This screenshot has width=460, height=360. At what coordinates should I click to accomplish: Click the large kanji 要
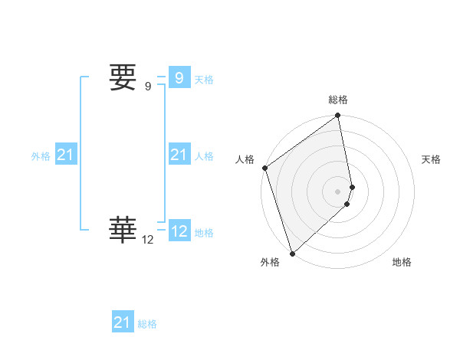123,77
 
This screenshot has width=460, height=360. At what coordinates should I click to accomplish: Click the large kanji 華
123,228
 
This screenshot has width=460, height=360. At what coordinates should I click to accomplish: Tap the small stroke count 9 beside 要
148,87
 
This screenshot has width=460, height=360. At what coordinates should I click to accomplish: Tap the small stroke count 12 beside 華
148,240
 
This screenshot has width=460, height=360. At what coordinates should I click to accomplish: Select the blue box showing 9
179,78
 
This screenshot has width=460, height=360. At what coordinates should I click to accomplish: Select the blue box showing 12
179,231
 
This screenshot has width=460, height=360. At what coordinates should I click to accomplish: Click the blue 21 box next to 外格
65,155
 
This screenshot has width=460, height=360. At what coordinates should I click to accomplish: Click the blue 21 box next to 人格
179,155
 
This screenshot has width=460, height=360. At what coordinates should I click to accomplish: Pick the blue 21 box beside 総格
122,322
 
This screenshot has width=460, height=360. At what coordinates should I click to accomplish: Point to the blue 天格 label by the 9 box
204,80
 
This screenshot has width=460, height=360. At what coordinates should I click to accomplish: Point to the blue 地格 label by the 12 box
204,233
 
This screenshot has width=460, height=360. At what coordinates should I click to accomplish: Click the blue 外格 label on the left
41,156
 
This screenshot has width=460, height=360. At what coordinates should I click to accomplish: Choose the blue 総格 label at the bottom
147,324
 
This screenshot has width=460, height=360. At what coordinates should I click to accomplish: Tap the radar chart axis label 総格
338,100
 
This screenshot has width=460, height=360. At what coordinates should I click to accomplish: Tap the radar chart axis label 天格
432,159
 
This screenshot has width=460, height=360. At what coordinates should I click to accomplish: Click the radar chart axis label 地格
402,262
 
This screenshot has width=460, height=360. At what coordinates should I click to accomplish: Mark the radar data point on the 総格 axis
338,116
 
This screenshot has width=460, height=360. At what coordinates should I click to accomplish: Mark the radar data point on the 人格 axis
264,168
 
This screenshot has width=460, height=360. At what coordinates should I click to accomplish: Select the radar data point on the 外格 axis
292,253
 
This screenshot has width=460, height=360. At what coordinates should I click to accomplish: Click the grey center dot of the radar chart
338,191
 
